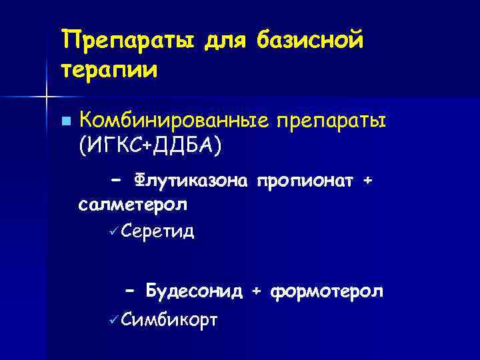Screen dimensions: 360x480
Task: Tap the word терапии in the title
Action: click(x=109, y=69)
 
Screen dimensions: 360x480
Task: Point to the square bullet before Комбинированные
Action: click(x=65, y=121)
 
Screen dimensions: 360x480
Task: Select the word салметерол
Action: click(x=133, y=205)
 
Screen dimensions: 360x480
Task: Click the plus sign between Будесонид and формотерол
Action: click(x=256, y=291)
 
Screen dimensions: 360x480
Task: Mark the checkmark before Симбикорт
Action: click(x=115, y=320)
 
